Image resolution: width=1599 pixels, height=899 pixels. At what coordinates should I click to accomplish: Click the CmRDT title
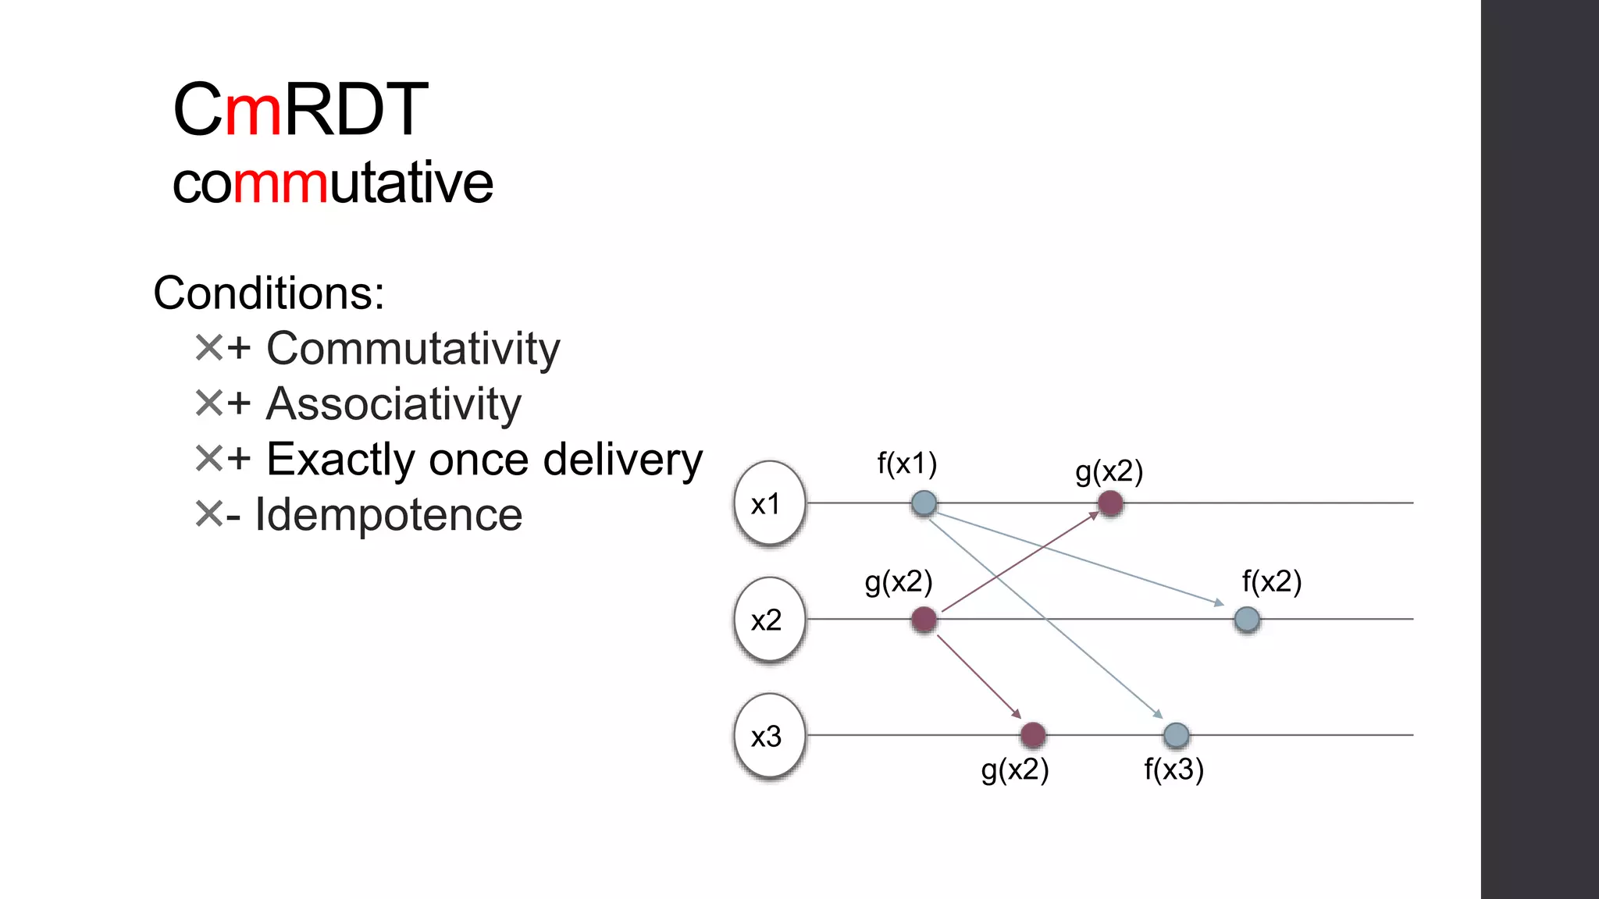point(301,109)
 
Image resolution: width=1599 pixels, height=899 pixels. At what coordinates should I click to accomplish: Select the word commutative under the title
point(333,183)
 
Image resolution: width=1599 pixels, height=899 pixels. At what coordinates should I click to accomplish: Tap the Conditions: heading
point(269,293)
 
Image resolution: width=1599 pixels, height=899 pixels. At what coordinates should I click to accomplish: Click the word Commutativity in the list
point(413,349)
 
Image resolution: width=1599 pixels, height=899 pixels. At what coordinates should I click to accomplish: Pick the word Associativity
point(394,404)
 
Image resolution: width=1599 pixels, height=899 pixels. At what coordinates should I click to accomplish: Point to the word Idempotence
point(388,515)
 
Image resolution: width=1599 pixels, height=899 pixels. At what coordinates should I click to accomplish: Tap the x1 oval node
point(769,503)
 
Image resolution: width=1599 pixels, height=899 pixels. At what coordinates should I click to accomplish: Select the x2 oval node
point(769,620)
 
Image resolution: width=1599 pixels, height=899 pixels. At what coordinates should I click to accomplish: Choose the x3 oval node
point(769,736)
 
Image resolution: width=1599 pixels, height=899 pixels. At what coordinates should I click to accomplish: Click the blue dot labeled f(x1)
point(924,503)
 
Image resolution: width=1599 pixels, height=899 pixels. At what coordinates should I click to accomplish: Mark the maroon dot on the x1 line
point(1110,503)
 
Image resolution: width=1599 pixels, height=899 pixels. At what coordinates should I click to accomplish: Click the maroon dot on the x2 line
point(924,620)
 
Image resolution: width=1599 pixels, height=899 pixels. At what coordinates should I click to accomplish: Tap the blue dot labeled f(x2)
point(1247,620)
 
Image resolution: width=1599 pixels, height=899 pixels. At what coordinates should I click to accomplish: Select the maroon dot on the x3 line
point(1033,734)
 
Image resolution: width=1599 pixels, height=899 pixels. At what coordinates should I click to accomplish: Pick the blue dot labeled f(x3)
point(1176,734)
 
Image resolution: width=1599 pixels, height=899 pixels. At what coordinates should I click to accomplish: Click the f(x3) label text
point(1173,770)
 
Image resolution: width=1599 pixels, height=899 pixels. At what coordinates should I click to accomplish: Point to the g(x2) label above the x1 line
point(1109,472)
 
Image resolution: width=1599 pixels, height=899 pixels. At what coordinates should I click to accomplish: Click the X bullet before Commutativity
point(208,348)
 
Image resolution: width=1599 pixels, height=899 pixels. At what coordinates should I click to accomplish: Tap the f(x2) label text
point(1271,582)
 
